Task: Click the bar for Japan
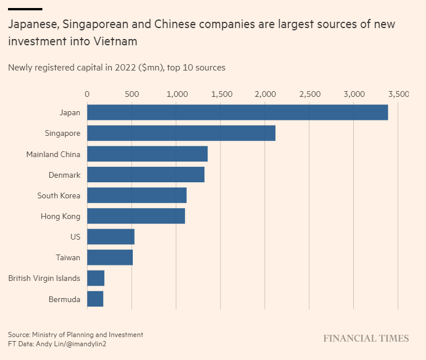point(238,112)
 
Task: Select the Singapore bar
point(181,133)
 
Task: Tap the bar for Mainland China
point(147,154)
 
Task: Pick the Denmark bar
point(145,174)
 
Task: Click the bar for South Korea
point(137,195)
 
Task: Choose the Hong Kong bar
point(136,216)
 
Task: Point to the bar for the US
point(111,237)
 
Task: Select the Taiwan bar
point(110,257)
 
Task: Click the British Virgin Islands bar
point(96,278)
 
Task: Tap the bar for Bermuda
point(95,299)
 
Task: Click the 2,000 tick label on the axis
point(265,93)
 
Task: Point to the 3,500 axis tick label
point(398,93)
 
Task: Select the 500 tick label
point(132,93)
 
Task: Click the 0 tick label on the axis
point(87,93)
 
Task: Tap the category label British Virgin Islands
point(44,278)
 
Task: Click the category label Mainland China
point(53,154)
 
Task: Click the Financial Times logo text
point(366,338)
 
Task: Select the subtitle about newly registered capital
point(117,68)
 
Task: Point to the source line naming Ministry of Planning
point(76,334)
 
